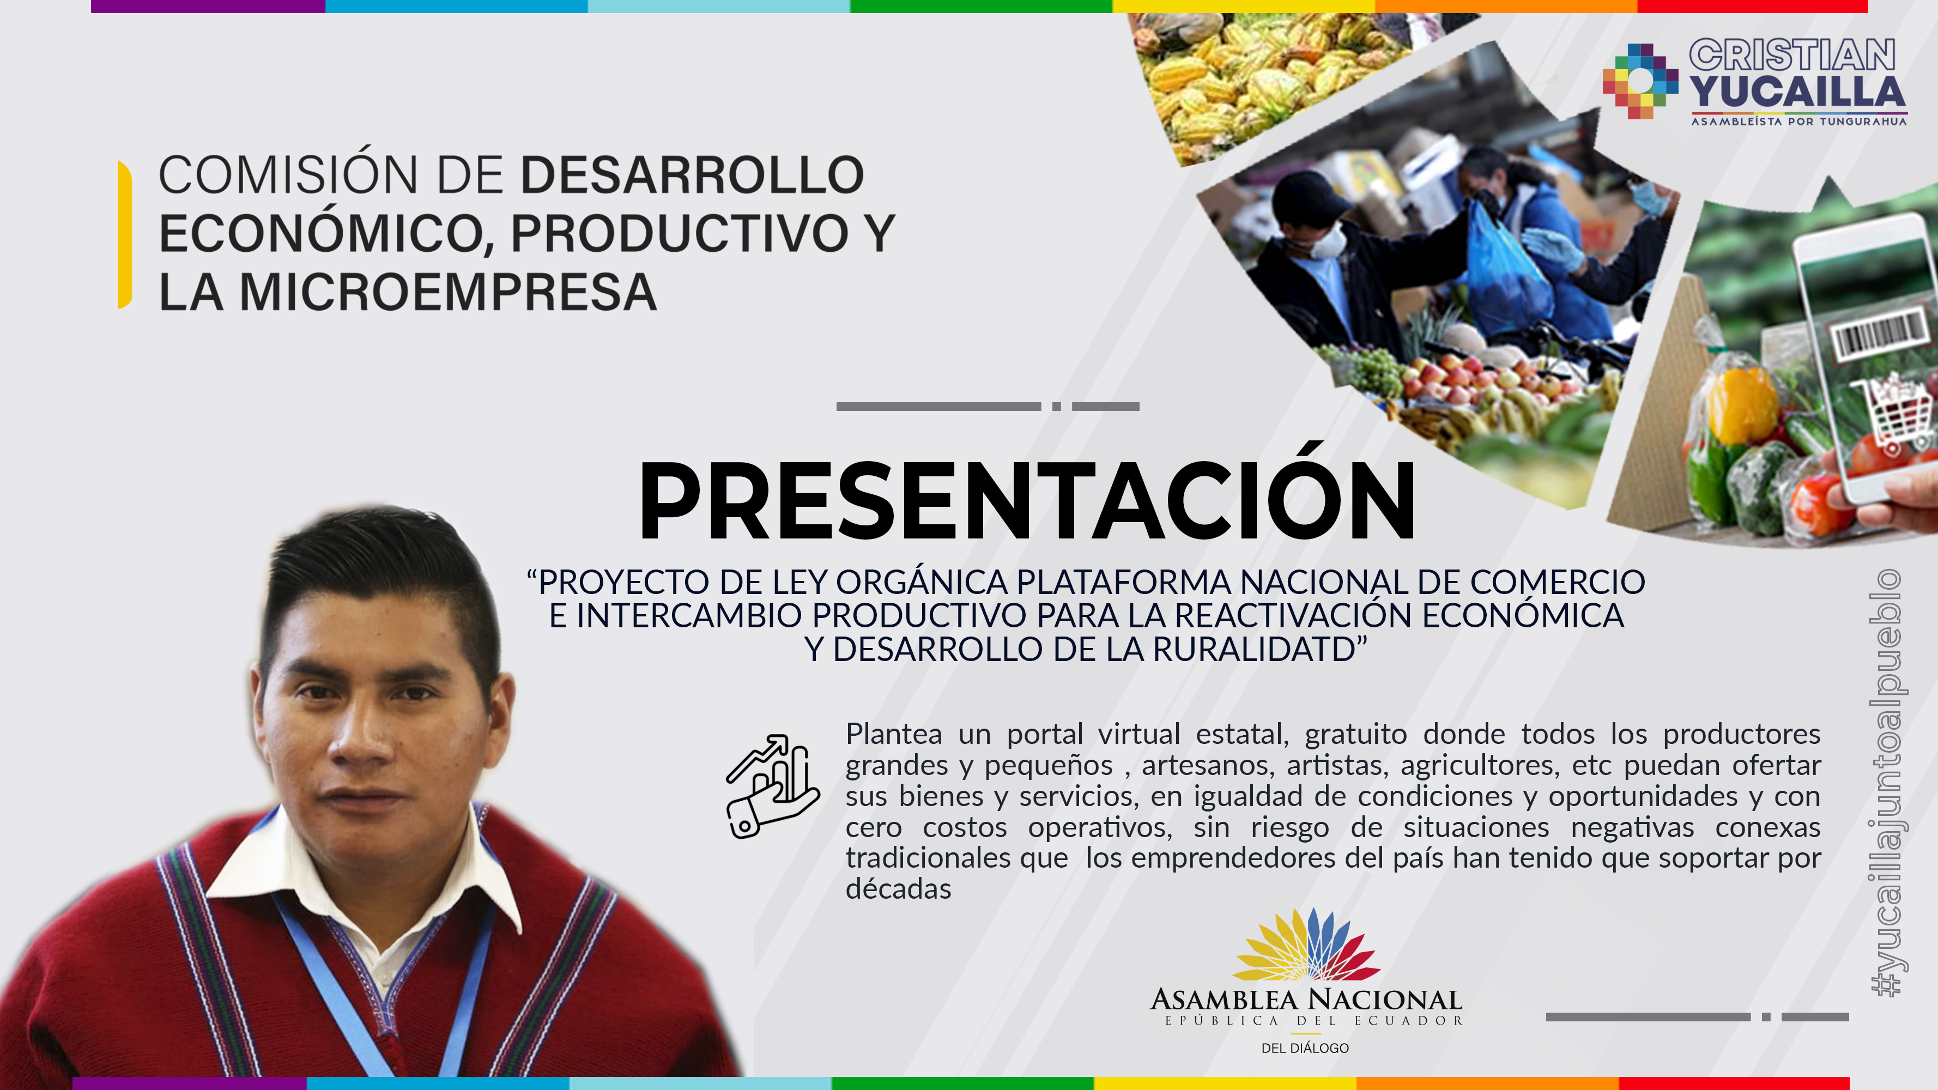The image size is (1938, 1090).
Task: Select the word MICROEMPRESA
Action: pyautogui.click(x=447, y=292)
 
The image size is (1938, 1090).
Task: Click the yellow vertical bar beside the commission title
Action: pyautogui.click(x=125, y=234)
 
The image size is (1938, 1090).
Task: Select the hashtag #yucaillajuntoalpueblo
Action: pyautogui.click(x=1886, y=782)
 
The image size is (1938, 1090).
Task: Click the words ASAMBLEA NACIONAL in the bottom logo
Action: pyautogui.click(x=1306, y=999)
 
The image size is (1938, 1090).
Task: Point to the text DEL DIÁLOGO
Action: pyautogui.click(x=1305, y=1048)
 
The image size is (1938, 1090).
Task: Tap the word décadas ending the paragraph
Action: pyautogui.click(x=898, y=889)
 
